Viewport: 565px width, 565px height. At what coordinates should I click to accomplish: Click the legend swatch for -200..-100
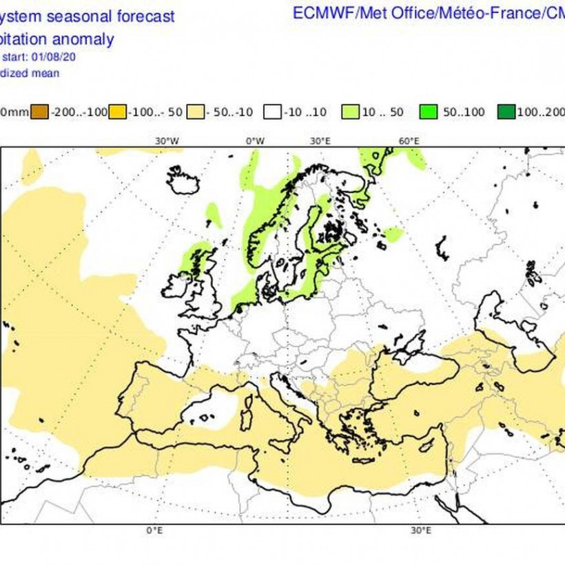coord(40,112)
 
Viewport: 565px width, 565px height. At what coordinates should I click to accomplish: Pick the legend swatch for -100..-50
coord(118,112)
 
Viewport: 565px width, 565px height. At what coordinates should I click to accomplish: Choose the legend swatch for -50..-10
coord(197,112)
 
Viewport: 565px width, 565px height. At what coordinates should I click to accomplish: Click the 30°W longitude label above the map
coord(167,141)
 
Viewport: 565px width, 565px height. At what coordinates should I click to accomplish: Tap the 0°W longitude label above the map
coord(256,141)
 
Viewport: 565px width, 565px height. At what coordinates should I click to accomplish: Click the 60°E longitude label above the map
coord(409,141)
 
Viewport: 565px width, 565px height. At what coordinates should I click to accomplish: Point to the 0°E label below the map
coord(154,531)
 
